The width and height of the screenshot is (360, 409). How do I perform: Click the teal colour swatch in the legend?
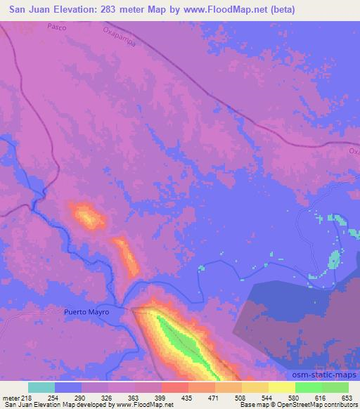tap(41, 387)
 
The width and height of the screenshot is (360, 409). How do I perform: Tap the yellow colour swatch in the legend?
tap(282, 387)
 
